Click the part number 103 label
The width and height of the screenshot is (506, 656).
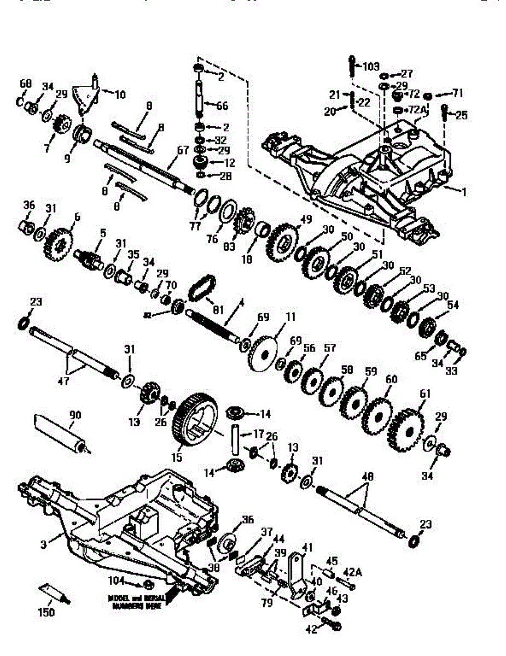pyautogui.click(x=371, y=67)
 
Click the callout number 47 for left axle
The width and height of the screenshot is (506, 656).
pyautogui.click(x=63, y=381)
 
